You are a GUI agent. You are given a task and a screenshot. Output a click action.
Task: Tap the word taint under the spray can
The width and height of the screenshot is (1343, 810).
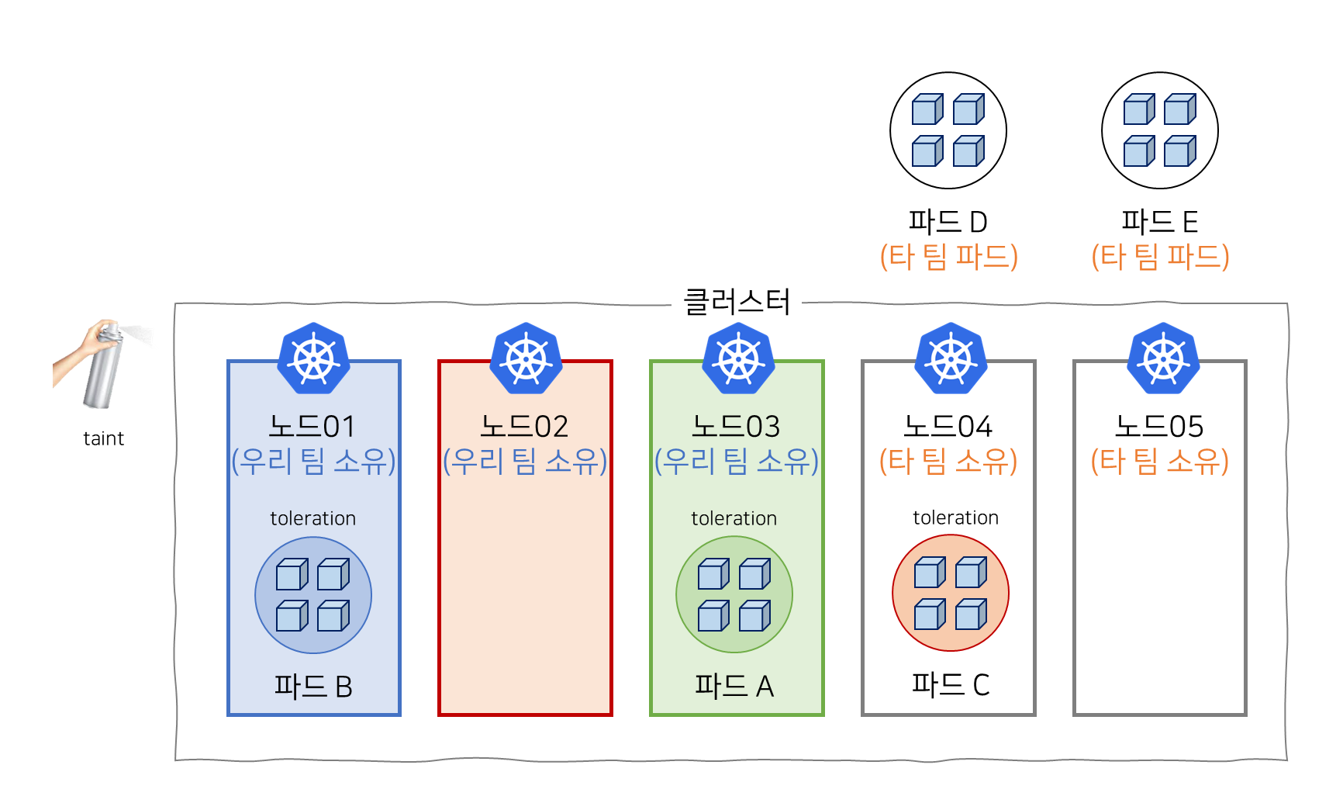click(103, 439)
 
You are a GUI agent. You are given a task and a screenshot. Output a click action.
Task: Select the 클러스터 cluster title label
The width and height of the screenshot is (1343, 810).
click(736, 302)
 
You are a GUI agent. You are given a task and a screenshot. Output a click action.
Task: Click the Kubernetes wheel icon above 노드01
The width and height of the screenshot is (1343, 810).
click(313, 358)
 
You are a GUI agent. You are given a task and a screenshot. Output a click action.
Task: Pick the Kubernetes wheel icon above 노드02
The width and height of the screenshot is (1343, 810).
click(525, 358)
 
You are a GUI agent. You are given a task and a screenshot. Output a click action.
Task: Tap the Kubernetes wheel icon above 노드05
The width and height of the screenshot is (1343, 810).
click(1162, 358)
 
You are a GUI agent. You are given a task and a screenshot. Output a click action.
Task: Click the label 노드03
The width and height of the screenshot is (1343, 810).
click(736, 427)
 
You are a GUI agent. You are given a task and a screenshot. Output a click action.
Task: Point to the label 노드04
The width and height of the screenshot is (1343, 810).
click(948, 427)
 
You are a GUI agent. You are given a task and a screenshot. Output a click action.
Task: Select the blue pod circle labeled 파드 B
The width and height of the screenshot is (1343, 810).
click(313, 595)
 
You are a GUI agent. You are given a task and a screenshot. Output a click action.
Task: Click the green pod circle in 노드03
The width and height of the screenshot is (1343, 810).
click(734, 595)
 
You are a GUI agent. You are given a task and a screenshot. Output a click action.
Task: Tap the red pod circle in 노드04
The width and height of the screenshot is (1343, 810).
click(950, 593)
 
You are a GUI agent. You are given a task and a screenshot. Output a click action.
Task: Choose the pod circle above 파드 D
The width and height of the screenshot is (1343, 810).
click(948, 130)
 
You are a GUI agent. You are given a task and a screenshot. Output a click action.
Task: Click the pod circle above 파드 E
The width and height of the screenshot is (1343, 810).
click(1159, 130)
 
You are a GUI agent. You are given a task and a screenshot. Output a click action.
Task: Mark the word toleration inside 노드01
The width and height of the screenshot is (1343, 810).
click(313, 518)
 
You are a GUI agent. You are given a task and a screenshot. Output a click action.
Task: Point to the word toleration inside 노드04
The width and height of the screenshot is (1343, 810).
click(955, 517)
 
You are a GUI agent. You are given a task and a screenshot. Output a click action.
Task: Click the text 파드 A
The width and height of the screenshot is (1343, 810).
click(734, 686)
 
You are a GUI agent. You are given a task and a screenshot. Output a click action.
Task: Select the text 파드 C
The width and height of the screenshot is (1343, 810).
click(950, 684)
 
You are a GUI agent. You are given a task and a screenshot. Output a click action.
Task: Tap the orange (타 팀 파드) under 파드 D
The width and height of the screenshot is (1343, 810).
click(948, 256)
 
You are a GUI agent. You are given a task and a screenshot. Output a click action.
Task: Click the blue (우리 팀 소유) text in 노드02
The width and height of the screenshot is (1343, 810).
click(525, 462)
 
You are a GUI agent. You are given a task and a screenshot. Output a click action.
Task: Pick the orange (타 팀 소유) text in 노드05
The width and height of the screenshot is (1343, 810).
click(1159, 462)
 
